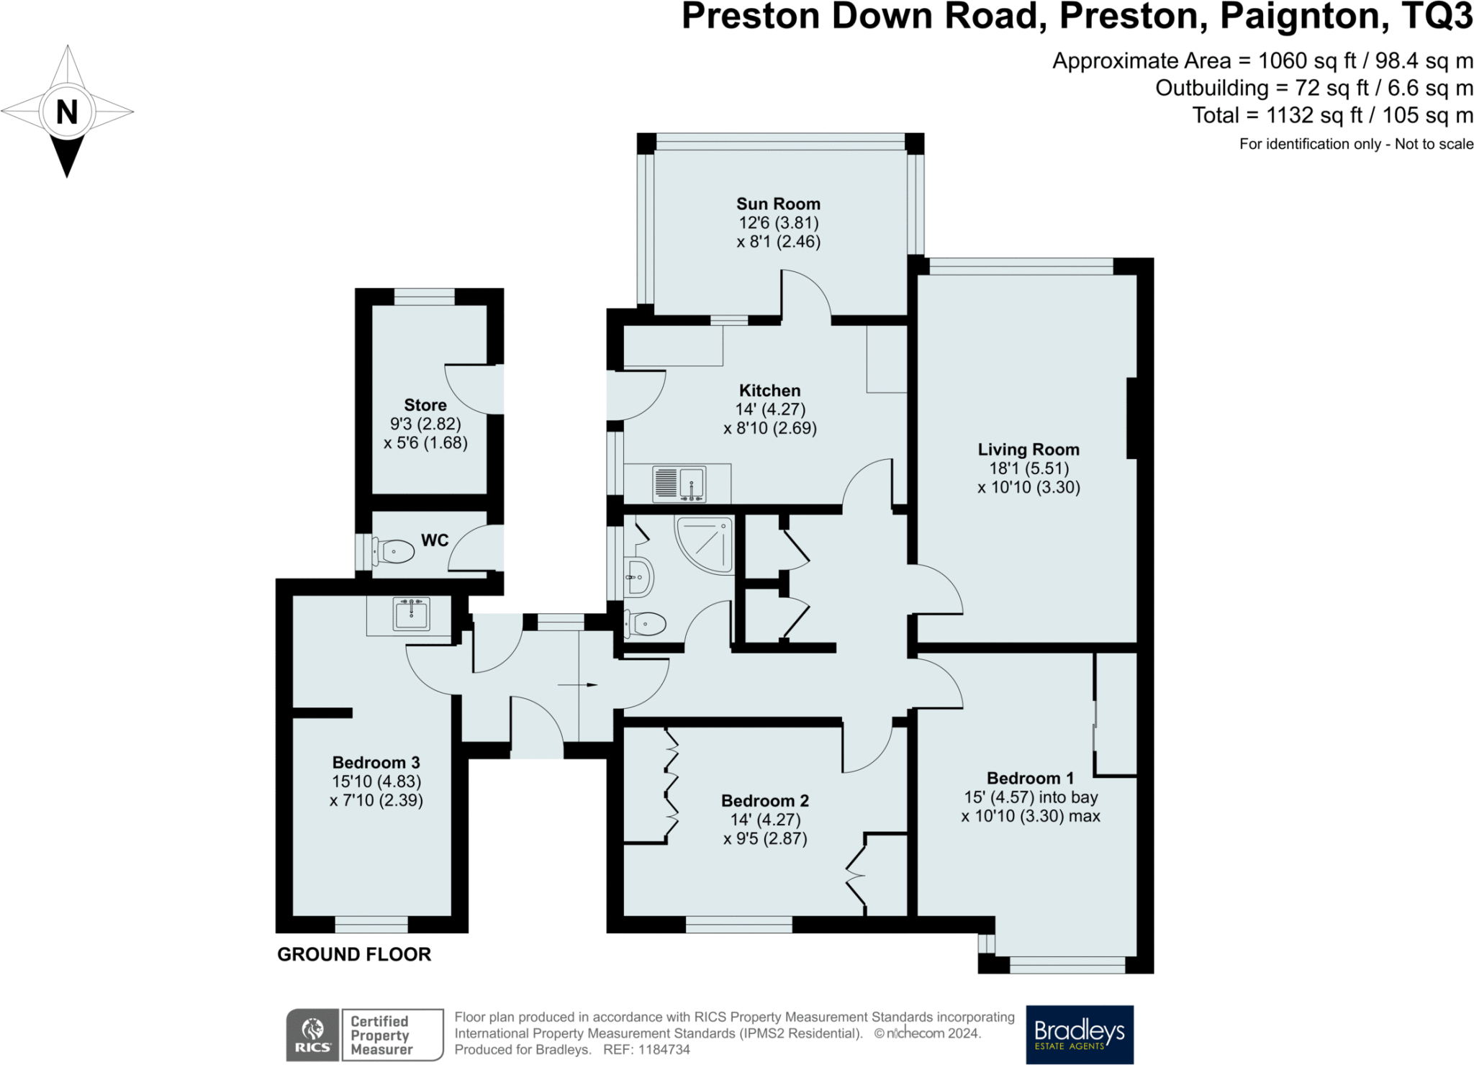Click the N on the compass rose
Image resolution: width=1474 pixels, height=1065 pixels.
tap(67, 112)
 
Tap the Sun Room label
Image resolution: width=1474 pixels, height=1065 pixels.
tap(778, 204)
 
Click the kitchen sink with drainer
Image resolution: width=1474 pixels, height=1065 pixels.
tap(679, 484)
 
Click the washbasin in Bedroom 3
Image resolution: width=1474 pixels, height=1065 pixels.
tap(411, 615)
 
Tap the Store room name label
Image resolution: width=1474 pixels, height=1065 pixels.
tap(425, 405)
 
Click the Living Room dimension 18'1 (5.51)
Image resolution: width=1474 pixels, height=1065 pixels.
tap(1028, 468)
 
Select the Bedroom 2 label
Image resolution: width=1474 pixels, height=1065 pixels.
tap(765, 801)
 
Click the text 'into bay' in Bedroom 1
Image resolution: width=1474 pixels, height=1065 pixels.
tap(1069, 797)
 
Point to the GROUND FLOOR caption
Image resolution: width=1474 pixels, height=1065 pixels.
tap(354, 954)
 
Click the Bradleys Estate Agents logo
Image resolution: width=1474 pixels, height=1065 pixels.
tap(1079, 1034)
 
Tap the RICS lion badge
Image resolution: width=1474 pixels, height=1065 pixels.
tap(312, 1035)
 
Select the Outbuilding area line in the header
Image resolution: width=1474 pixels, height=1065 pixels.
tap(1314, 88)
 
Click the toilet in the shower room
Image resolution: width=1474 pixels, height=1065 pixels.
tap(646, 623)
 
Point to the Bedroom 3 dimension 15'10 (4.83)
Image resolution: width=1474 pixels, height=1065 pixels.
tap(376, 781)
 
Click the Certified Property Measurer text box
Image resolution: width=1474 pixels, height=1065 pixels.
tap(392, 1035)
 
